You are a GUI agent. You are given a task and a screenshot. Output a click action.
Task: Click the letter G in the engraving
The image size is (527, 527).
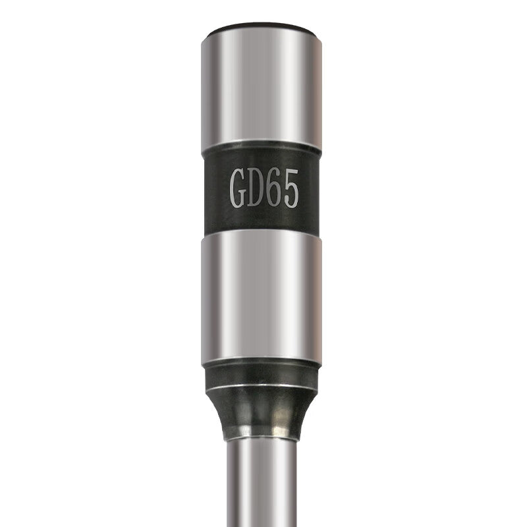(237, 188)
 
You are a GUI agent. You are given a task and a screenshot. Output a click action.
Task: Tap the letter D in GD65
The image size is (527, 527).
(255, 188)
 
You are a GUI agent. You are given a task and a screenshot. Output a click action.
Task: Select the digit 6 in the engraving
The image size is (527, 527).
(273, 188)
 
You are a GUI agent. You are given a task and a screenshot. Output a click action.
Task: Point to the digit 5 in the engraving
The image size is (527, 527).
(290, 188)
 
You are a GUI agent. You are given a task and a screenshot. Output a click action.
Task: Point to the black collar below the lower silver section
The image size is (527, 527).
(262, 376)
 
